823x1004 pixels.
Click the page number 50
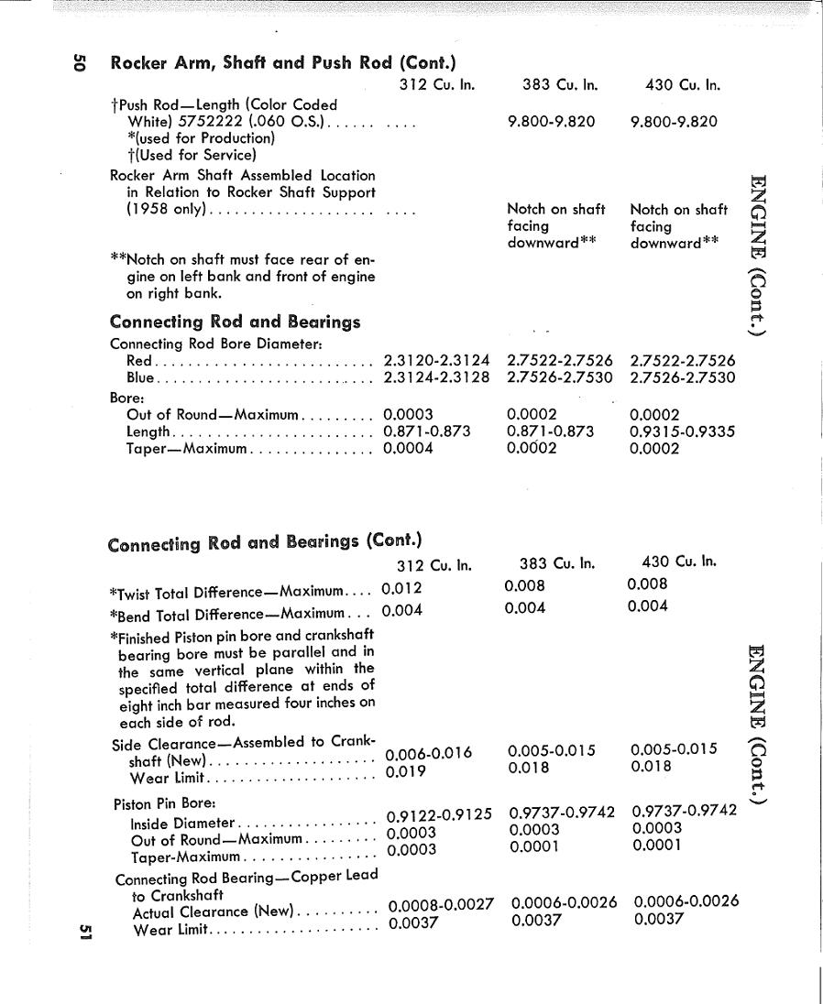pos(80,62)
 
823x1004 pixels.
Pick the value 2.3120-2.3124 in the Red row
pos(436,361)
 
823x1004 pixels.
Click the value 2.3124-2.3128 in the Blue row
pos(436,377)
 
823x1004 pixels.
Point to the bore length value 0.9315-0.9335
pos(682,431)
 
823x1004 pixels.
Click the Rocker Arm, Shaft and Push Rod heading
pos(283,63)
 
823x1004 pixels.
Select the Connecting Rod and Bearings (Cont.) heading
pos(264,542)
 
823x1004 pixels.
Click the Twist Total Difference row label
pos(226,591)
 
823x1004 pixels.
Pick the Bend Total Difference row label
pos(226,613)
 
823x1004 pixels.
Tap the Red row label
pos(138,361)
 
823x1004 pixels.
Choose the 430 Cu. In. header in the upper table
pos(683,85)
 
